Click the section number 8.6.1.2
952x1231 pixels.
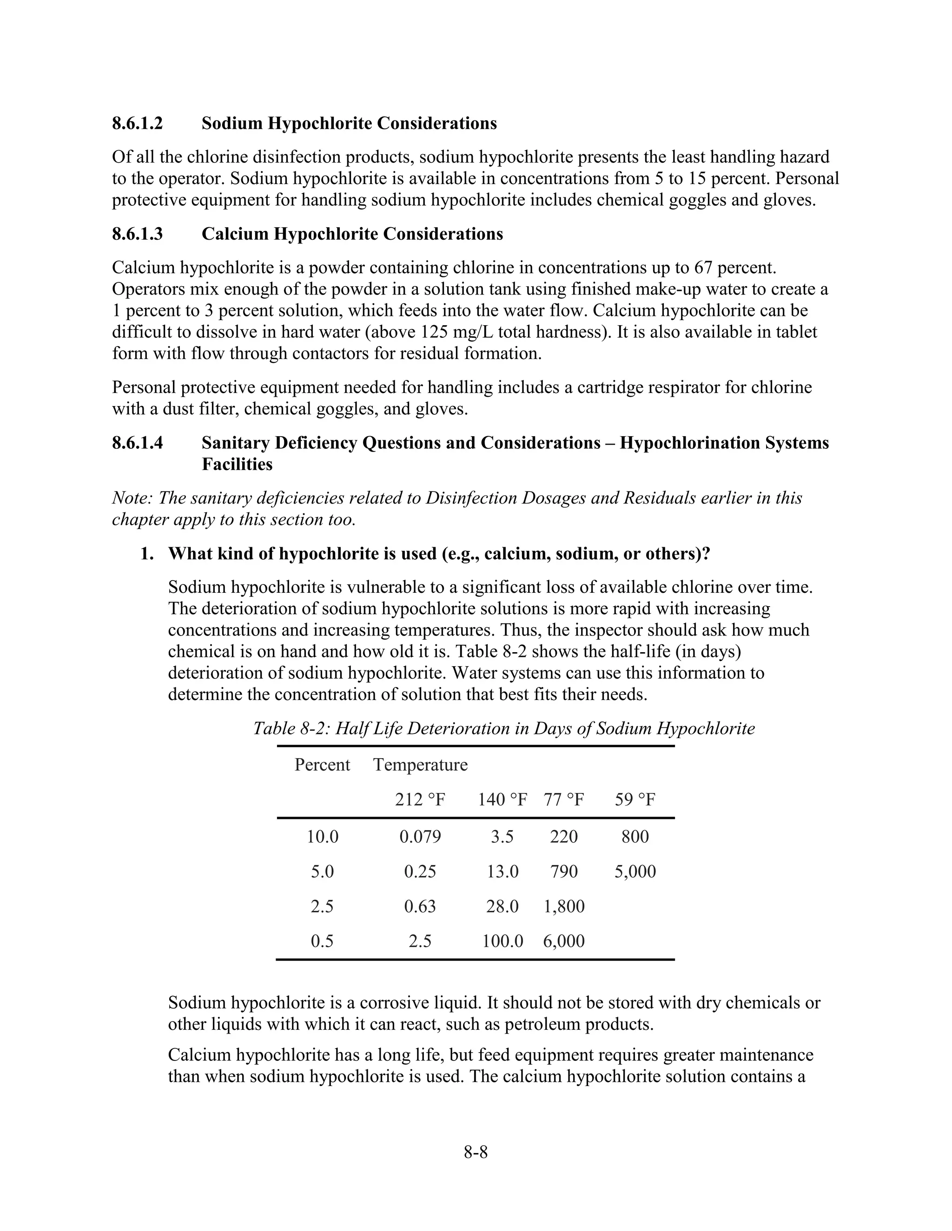point(137,123)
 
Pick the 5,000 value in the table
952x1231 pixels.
point(635,871)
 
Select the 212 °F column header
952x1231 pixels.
point(420,799)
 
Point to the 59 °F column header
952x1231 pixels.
point(635,799)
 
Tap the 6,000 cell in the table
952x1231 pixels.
point(564,941)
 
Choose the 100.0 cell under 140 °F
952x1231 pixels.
point(502,941)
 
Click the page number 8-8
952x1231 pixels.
point(476,1152)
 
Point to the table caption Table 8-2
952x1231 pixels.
point(503,728)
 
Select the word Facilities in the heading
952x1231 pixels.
point(237,465)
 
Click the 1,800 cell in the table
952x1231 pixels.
point(564,906)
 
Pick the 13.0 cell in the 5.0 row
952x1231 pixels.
point(502,871)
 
